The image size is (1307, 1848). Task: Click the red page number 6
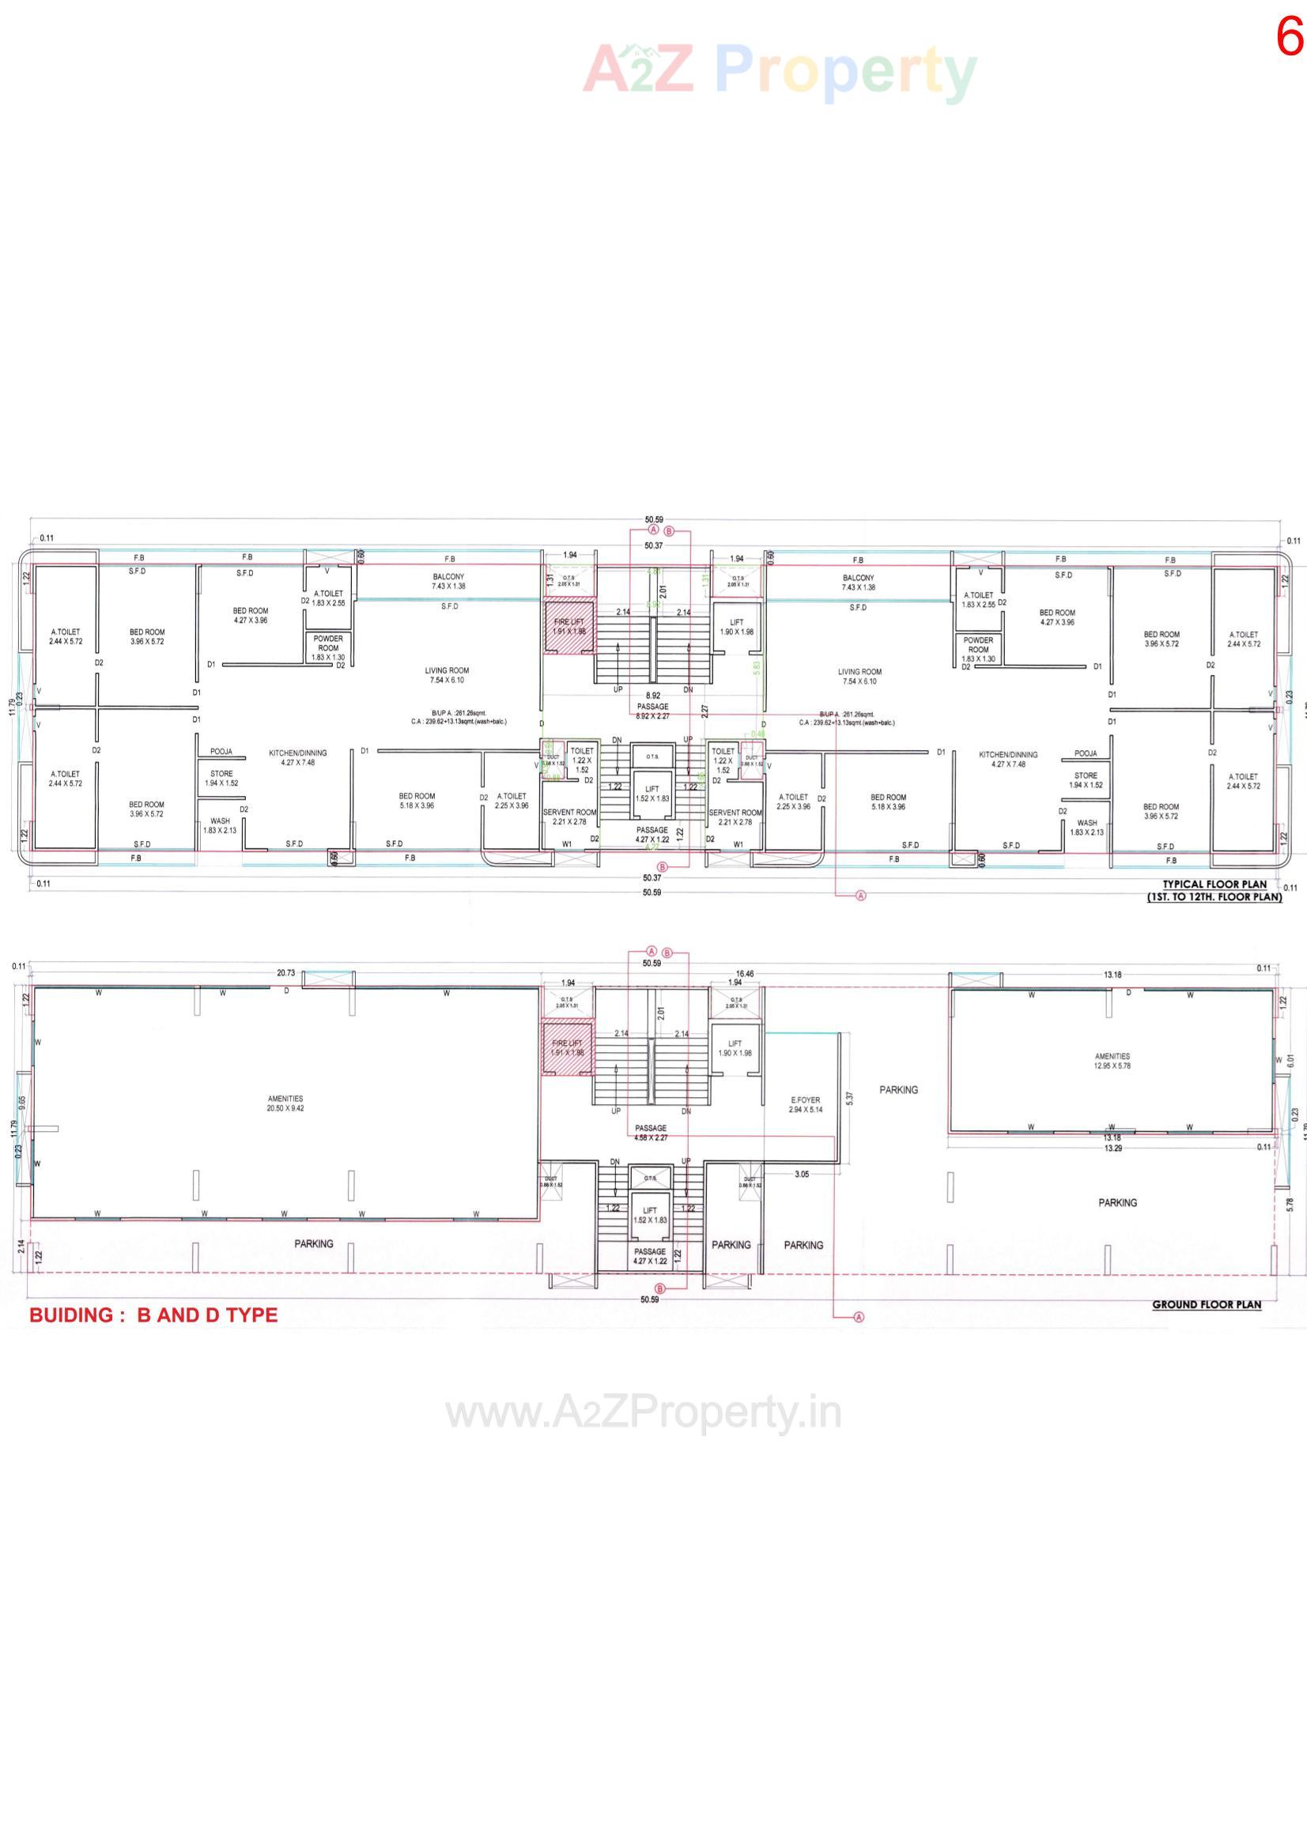pos(1290,38)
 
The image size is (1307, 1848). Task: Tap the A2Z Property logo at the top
pos(779,71)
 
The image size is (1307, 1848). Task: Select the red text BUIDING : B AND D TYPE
pos(154,1314)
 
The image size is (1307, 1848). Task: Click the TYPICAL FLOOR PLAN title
pos(1214,884)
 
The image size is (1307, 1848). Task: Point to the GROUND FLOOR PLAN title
pos(1207,1304)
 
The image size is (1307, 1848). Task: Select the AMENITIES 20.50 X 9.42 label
pos(285,1103)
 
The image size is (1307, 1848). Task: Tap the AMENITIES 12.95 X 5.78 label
pos(1112,1061)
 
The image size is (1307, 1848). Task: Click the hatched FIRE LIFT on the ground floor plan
pos(568,1048)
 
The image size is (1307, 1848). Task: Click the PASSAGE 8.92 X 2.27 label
pos(652,711)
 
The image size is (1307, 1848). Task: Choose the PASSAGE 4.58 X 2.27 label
pos(651,1133)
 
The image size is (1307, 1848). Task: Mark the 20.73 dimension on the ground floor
pos(286,973)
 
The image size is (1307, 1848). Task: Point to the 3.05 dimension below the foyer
pos(801,1175)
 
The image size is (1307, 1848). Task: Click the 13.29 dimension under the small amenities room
pos(1112,1148)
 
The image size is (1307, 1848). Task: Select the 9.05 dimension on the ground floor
pos(23,1103)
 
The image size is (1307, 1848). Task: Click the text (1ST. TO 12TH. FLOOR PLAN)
pos(1214,896)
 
